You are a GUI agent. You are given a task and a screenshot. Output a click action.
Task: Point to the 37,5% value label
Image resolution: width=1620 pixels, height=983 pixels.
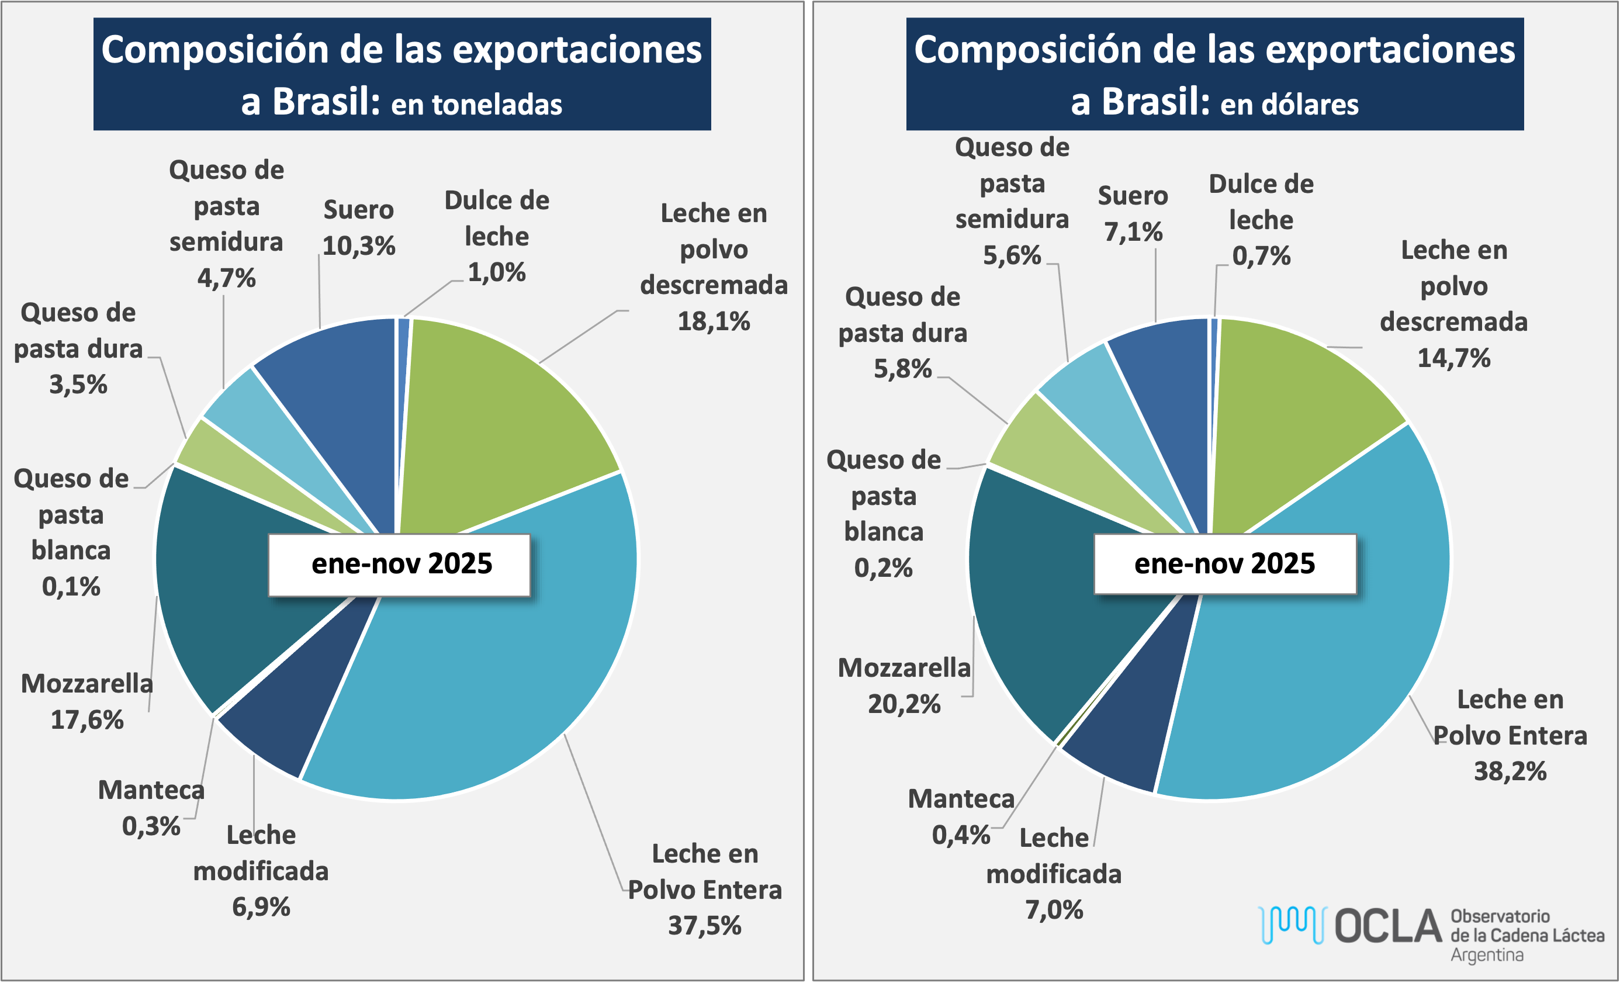(705, 926)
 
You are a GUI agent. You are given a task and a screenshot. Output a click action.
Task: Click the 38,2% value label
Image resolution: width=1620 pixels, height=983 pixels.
(1510, 771)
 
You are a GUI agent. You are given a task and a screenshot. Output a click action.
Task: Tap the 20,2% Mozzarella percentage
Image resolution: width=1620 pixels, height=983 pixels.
(904, 704)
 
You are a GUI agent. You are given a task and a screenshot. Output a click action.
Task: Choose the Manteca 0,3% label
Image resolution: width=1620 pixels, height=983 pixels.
(151, 808)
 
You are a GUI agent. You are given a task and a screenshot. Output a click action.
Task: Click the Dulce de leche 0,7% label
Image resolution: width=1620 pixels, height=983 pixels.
(1261, 220)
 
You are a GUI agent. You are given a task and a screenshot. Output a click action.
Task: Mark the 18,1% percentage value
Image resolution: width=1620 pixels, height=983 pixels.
(714, 321)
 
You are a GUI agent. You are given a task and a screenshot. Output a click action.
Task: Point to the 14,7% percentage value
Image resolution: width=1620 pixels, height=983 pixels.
(1453, 358)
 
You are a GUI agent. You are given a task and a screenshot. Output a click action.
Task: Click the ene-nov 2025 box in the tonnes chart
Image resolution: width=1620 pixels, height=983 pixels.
(400, 565)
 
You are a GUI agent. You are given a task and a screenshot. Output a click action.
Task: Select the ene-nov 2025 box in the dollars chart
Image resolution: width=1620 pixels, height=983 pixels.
(1224, 564)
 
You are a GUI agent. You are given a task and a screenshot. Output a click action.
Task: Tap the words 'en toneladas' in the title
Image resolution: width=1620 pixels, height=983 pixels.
(477, 105)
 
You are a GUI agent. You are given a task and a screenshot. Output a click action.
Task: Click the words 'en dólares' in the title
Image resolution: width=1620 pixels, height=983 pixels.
(1289, 105)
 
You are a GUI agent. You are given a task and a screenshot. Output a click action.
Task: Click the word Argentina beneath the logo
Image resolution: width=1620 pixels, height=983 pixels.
(1487, 955)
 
